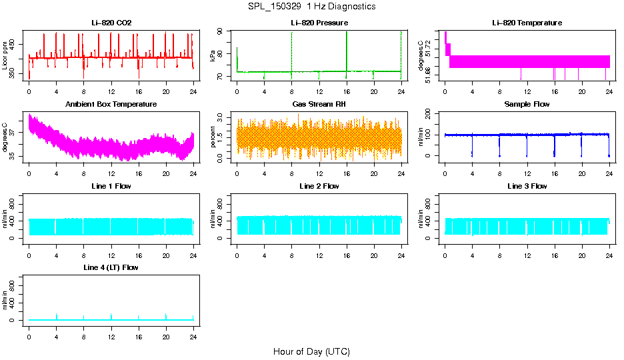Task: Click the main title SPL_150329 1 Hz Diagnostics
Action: point(311,6)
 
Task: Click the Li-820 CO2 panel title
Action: point(111,23)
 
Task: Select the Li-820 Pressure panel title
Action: point(319,23)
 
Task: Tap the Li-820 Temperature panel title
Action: point(527,23)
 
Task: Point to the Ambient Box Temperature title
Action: point(111,105)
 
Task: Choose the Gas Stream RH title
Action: point(319,105)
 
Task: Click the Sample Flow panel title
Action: point(527,105)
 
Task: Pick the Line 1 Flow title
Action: point(111,186)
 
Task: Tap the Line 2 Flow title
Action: point(319,186)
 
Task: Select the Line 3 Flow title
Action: point(527,186)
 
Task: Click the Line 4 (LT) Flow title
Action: point(111,267)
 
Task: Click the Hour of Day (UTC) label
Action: point(311,351)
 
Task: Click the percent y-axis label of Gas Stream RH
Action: point(213,137)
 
